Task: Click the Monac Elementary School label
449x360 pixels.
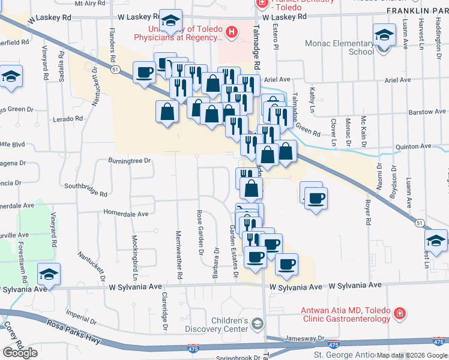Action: point(339,47)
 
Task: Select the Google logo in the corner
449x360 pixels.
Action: point(20,352)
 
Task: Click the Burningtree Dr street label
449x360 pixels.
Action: point(128,161)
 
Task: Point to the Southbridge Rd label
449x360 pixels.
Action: point(85,194)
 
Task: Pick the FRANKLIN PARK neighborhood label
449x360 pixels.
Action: point(417,11)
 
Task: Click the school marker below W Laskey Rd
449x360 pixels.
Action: point(170,23)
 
